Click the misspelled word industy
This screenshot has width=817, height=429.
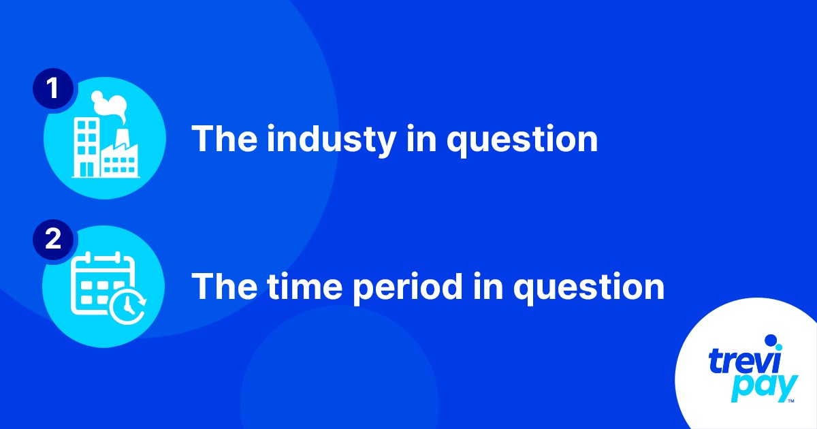[330, 139]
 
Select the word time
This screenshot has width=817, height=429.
[306, 287]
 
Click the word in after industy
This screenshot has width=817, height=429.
[421, 139]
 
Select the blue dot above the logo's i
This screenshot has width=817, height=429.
[771, 340]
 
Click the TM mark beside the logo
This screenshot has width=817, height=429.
[790, 402]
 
